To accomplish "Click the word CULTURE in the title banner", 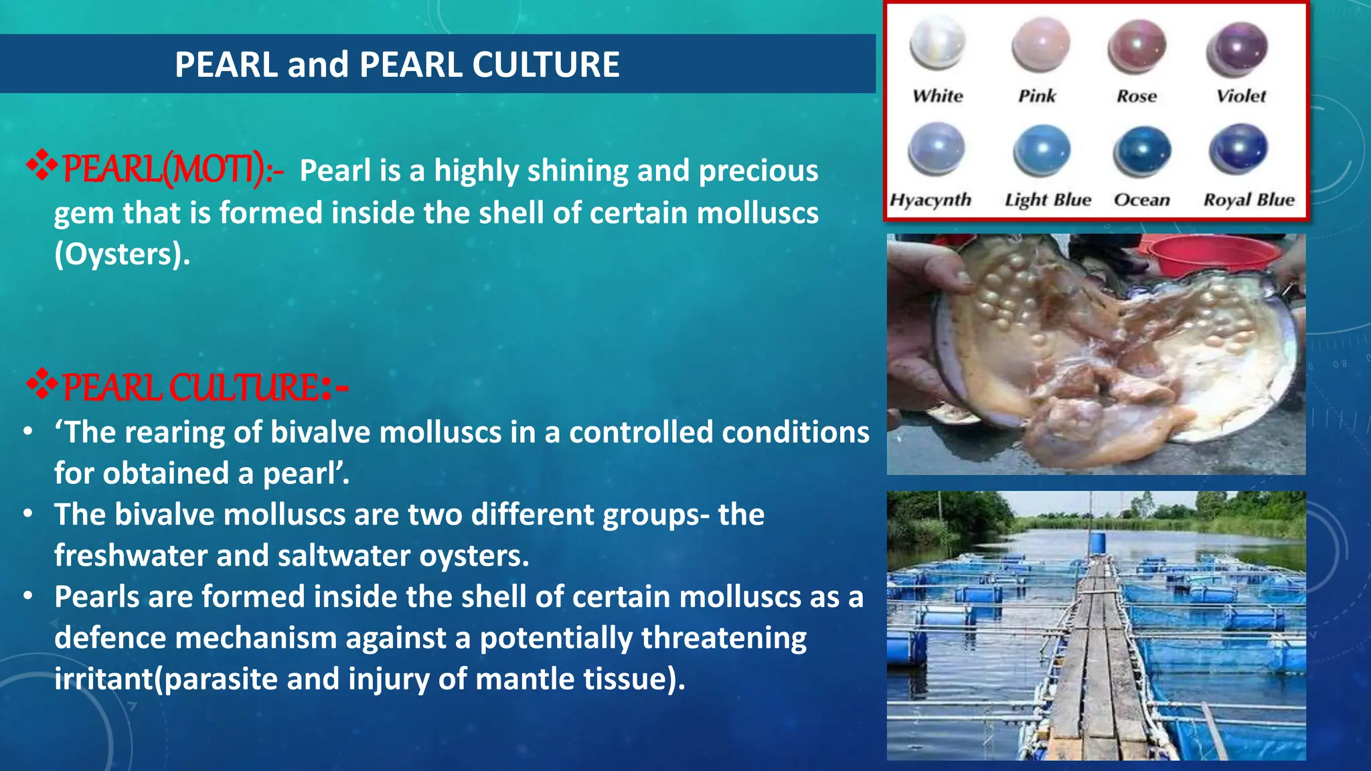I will coord(546,65).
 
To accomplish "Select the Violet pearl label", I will coord(1240,96).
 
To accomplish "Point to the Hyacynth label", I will coord(930,199).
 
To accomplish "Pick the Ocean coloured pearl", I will coord(1141,151).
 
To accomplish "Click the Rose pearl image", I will coord(1137,47).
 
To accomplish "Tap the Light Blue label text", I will coord(1048,199).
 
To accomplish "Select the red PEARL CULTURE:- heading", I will coord(204,388).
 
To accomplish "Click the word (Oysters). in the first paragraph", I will coord(122,254).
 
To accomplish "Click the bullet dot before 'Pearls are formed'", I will coord(27,596).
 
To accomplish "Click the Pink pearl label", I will coord(1036,96).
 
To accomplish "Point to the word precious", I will coord(758,171).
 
